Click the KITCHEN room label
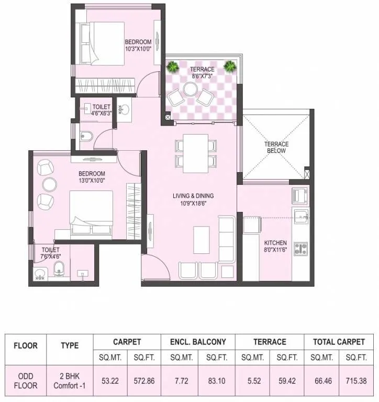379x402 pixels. [x=275, y=243]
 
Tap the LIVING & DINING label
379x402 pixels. [x=193, y=196]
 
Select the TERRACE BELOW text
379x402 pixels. [x=276, y=148]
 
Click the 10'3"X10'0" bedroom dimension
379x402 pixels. [x=138, y=49]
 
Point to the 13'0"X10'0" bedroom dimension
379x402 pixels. [x=92, y=181]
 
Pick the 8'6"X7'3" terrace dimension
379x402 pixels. [x=202, y=76]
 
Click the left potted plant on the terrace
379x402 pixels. [x=172, y=66]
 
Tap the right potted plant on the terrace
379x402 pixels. [x=229, y=66]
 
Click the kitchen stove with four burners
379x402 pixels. [x=300, y=248]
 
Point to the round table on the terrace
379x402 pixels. [x=190, y=90]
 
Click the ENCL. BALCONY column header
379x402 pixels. [x=198, y=342]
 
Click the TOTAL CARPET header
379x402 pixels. [x=339, y=342]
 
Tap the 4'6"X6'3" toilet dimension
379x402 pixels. [x=102, y=112]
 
